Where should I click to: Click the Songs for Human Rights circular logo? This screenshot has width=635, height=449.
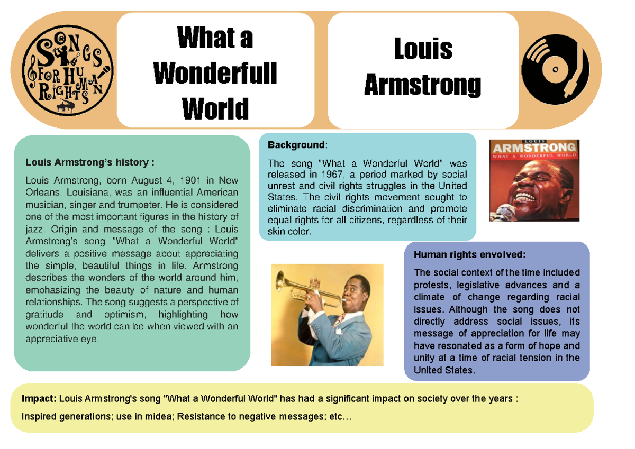70,70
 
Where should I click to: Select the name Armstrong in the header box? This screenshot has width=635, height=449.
423,85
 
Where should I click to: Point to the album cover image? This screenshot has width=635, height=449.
534,180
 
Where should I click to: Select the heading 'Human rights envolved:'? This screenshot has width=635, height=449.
470,255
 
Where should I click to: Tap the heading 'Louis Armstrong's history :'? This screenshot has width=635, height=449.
90,162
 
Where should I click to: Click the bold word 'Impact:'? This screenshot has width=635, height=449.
39,398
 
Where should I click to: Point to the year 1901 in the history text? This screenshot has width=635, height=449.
189,180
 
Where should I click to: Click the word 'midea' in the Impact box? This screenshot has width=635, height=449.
159,417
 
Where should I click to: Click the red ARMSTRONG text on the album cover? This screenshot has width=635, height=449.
534,148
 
